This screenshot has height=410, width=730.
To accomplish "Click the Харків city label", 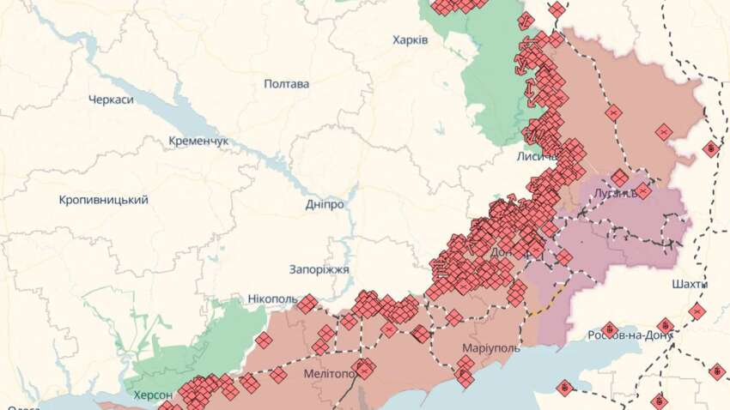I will pyautogui.click(x=410, y=39).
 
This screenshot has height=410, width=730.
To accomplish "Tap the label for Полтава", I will pyautogui.click(x=287, y=84).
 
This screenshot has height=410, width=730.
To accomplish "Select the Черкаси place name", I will pyautogui.click(x=111, y=99).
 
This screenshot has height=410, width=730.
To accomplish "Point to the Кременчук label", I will pyautogui.click(x=198, y=140).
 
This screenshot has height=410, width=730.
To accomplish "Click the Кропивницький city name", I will pyautogui.click(x=103, y=200).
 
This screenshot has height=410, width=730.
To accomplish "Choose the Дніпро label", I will pyautogui.click(x=325, y=205).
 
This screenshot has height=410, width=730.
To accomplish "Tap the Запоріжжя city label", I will pyautogui.click(x=319, y=269).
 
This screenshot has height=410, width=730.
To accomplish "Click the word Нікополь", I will pyautogui.click(x=271, y=299).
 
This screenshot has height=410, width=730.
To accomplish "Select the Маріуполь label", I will pyautogui.click(x=490, y=349).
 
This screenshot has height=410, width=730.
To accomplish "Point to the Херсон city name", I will pyautogui.click(x=153, y=395).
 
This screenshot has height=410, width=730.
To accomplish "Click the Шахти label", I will pyautogui.click(x=690, y=283).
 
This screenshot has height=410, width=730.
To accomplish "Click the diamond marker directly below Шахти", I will pyautogui.click(x=697, y=311).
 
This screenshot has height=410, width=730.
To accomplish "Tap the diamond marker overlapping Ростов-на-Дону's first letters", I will pyautogui.click(x=609, y=330).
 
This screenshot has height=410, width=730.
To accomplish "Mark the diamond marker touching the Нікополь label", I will pyautogui.click(x=306, y=303).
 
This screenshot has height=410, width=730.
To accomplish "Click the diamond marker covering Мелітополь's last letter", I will pyautogui.click(x=364, y=370).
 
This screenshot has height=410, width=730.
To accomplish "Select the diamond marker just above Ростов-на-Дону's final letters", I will pyautogui.click(x=665, y=326).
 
